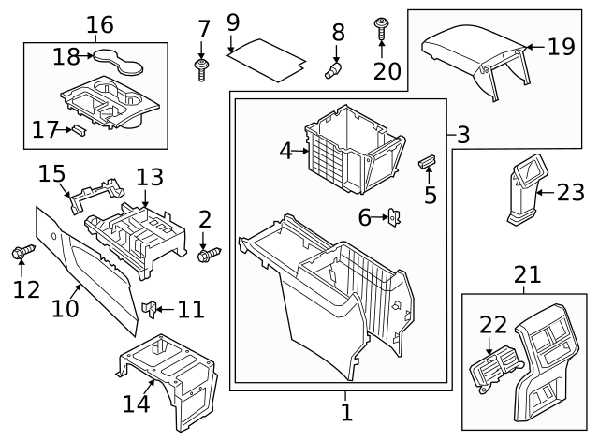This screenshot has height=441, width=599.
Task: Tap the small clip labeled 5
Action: click(428, 162)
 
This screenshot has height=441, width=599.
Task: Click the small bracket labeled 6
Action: click(395, 218)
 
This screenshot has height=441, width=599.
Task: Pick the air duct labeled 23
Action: click(525, 193)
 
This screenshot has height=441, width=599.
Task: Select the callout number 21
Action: click(528, 275)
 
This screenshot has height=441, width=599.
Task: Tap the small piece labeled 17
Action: click(80, 129)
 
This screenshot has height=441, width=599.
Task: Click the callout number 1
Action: click(345, 411)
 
